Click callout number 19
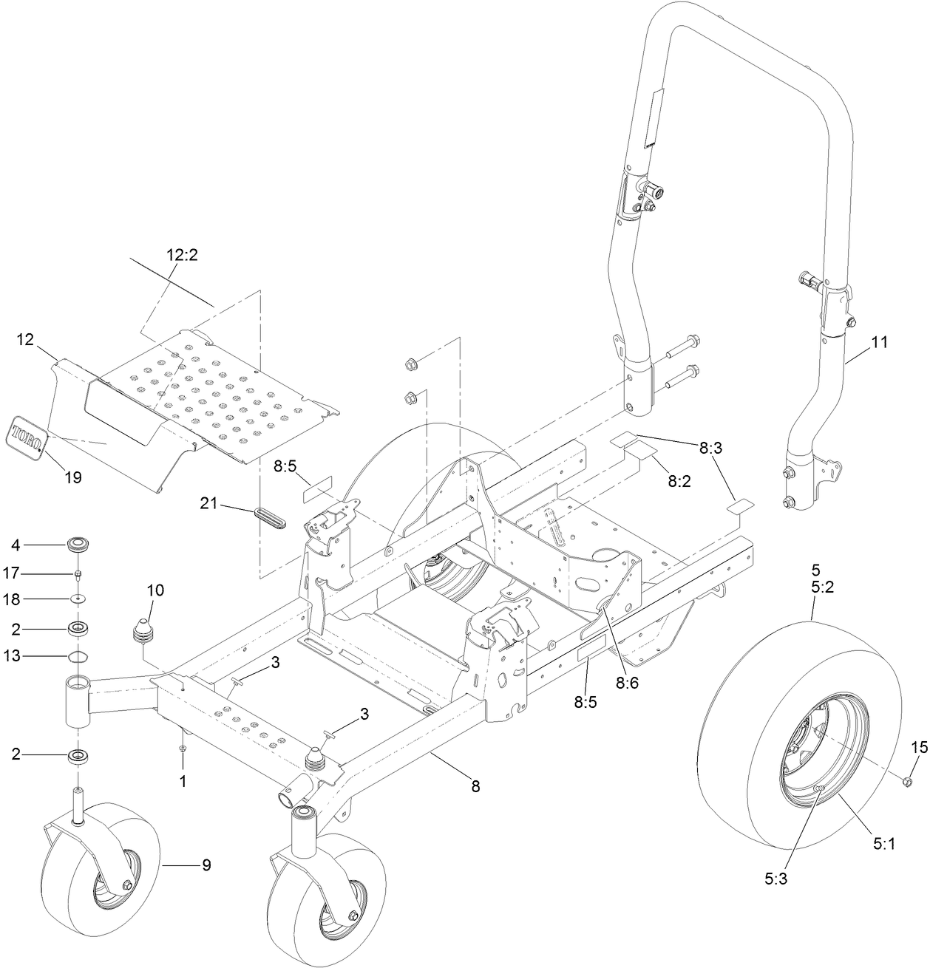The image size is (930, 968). click(x=73, y=477)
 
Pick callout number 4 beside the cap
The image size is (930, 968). click(x=16, y=545)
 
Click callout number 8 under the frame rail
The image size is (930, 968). click(x=475, y=788)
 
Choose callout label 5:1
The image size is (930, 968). click(x=884, y=843)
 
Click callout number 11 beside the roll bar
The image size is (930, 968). click(x=880, y=343)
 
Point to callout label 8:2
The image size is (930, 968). click(x=679, y=480)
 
